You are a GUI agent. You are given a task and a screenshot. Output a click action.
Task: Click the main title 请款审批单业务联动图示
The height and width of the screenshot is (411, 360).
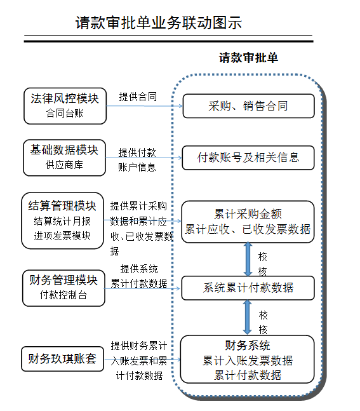click(x=159, y=23)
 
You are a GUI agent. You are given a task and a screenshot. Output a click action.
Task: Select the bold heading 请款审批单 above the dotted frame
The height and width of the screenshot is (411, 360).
click(x=248, y=58)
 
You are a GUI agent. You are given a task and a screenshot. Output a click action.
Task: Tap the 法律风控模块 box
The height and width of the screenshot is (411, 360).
click(x=65, y=106)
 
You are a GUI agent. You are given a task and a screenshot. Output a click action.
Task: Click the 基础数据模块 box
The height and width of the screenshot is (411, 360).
click(x=65, y=158)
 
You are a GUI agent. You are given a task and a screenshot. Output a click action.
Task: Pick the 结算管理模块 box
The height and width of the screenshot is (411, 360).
click(x=63, y=220)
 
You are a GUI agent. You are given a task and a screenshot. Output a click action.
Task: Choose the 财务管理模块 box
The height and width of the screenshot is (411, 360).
click(x=63, y=288)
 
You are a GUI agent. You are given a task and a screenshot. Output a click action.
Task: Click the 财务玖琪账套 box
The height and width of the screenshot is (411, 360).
click(x=63, y=359)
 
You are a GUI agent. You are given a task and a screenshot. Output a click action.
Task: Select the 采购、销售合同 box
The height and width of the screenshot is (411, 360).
click(x=248, y=106)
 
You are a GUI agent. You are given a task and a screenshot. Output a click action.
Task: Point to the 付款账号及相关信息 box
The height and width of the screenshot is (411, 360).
click(x=248, y=158)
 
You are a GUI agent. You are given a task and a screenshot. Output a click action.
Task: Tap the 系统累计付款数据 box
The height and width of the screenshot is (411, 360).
click(x=248, y=288)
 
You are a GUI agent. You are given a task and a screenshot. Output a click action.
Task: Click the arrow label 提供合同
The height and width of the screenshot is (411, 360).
click(x=138, y=97)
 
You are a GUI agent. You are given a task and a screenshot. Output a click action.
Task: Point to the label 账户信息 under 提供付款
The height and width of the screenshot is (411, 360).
click(x=137, y=167)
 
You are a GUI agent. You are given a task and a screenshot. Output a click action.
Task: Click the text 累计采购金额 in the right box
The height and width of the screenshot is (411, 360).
click(x=248, y=214)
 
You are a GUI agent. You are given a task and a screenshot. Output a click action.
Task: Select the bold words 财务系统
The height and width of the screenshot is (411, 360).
click(x=248, y=346)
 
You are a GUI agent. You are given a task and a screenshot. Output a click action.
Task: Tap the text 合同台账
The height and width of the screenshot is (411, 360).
click(x=65, y=113)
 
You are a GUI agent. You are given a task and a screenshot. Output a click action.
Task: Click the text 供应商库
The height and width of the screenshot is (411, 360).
click(x=65, y=165)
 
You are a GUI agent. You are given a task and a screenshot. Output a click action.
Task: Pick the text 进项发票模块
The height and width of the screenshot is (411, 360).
click(x=62, y=236)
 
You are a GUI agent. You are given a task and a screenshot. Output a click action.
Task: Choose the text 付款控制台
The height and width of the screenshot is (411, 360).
click(x=63, y=295)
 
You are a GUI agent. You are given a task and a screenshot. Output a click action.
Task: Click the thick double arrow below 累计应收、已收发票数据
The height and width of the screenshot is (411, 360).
click(x=248, y=259)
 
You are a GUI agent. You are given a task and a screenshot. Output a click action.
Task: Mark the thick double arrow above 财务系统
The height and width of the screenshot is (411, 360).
click(x=247, y=318)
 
